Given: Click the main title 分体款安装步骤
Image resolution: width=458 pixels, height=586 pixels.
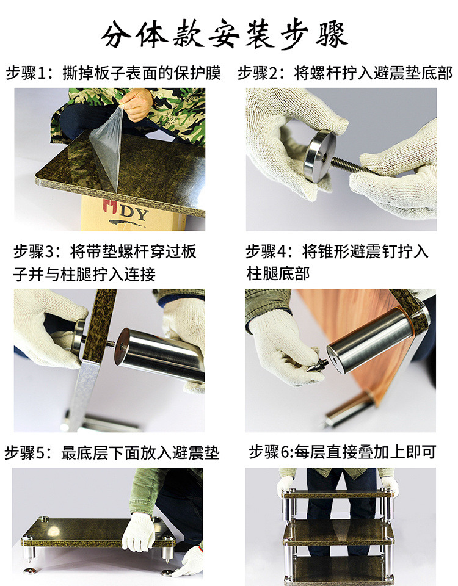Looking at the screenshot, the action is pos(224,34).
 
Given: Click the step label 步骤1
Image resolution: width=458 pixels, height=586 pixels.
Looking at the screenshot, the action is pos(26,73).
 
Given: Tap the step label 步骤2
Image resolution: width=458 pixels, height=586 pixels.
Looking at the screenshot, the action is pos(258,73).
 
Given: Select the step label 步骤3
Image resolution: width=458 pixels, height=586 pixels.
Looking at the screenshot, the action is pos(34,251).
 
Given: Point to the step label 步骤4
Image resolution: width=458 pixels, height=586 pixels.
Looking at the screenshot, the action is pos(266,251).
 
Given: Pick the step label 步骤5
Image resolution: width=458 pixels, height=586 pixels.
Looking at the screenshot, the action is pos(24,452).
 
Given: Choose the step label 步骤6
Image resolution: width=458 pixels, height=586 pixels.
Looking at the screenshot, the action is pos(269,452).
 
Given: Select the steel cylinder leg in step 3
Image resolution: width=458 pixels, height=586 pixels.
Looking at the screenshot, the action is pos(159,355).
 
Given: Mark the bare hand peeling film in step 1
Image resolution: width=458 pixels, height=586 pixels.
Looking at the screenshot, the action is pos(136,104).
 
